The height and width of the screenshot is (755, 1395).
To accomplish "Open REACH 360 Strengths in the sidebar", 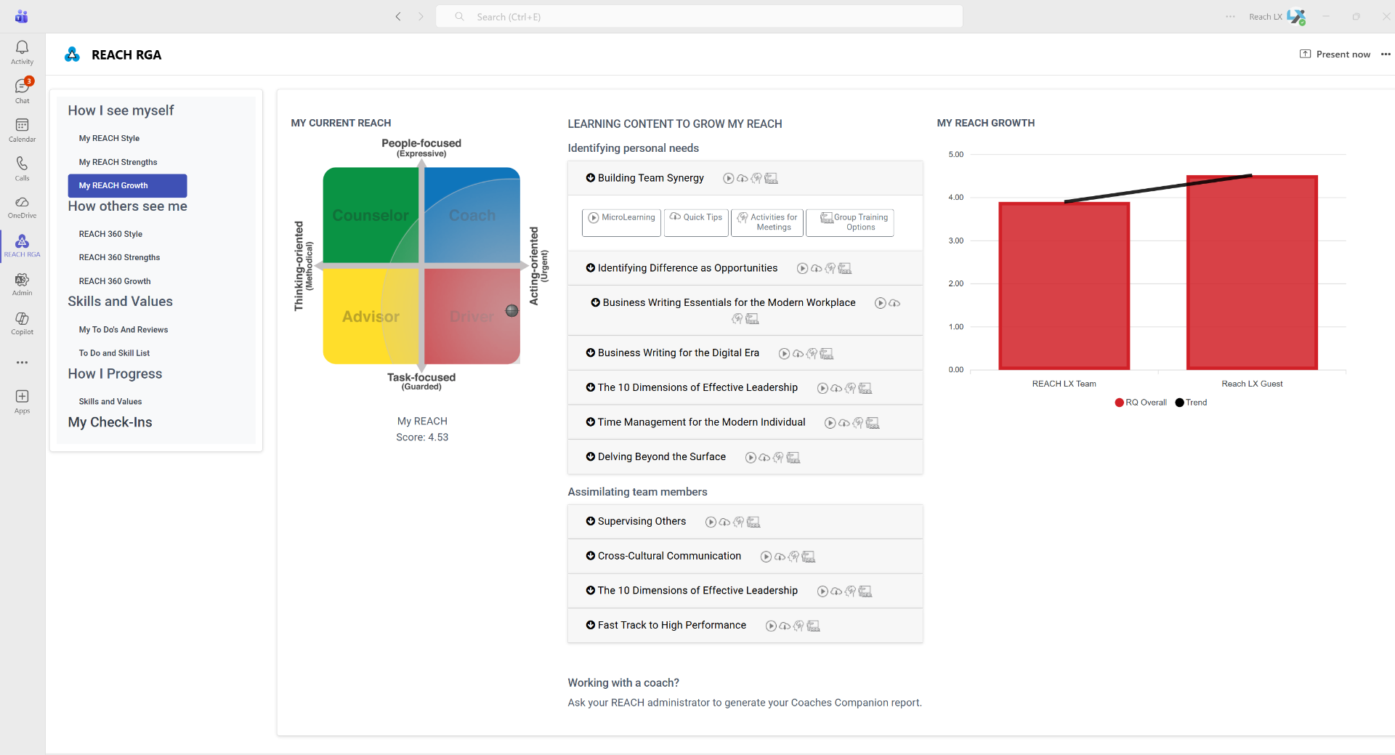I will coord(119,257).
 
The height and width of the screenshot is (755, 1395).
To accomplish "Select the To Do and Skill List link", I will coord(114,353).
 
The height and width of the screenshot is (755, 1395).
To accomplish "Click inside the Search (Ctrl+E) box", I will coord(697,17).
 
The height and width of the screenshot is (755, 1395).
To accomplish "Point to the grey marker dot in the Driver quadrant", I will coord(512,311).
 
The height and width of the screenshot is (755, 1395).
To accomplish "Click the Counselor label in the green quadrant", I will coord(371,216).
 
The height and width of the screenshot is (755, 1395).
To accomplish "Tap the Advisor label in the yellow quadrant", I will coord(371,317).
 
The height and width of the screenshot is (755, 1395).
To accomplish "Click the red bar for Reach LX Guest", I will coord(1251,272).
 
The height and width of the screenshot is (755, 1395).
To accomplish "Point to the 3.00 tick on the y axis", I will coord(955,241).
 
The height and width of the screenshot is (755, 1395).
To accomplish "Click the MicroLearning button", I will coord(621,218).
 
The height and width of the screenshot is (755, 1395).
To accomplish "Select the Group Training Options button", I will coord(850,222).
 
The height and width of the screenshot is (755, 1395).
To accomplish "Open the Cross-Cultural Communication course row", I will coord(669,556).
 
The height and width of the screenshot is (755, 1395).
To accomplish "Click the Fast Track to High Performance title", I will coord(671,625).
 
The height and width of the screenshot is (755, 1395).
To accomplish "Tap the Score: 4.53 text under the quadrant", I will coord(422,437).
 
